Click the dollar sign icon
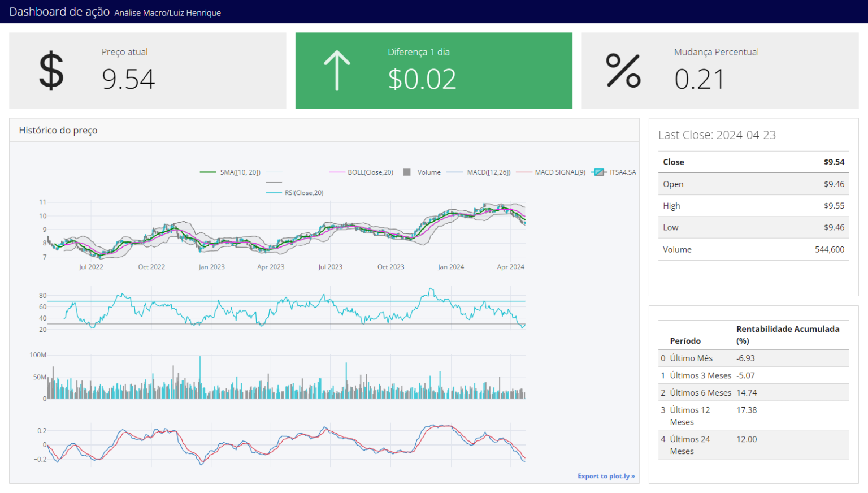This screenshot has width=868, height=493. pyautogui.click(x=51, y=71)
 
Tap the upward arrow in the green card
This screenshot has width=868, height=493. pyautogui.click(x=337, y=71)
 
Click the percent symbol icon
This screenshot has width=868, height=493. pyautogui.click(x=623, y=71)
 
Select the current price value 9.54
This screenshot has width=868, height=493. pyautogui.click(x=128, y=79)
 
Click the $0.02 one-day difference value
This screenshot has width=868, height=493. pyautogui.click(x=422, y=79)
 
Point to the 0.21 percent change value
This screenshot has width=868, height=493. pyautogui.click(x=699, y=79)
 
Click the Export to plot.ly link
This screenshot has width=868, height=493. pyautogui.click(x=606, y=476)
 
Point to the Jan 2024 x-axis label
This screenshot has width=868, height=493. pyautogui.click(x=450, y=267)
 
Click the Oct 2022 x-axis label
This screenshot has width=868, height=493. pyautogui.click(x=151, y=267)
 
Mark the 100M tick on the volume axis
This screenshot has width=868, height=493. pyautogui.click(x=38, y=355)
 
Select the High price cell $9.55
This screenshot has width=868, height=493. pyautogui.click(x=834, y=206)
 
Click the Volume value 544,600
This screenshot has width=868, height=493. pyautogui.click(x=829, y=249)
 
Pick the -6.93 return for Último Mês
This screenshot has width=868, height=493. pyautogui.click(x=745, y=358)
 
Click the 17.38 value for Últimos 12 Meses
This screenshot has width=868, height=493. pyautogui.click(x=747, y=410)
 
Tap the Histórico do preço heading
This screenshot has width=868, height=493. pyautogui.click(x=58, y=130)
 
